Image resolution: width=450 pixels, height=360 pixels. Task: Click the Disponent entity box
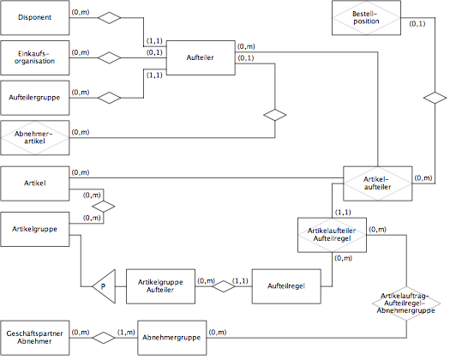[35, 17]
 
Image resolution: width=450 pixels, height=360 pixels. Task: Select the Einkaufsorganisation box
[35, 57]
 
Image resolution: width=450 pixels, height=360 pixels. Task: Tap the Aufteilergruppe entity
[35, 98]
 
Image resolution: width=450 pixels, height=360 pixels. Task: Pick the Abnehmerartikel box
[35, 138]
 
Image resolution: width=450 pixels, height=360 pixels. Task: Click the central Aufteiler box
[201, 57]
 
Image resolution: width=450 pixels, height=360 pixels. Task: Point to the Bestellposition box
[366, 17]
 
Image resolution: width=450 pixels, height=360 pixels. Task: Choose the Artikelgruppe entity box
[35, 229]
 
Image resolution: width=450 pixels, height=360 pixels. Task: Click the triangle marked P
[104, 286]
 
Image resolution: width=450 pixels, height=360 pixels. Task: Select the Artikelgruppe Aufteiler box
[160, 286]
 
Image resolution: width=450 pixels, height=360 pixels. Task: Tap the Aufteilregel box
[286, 286]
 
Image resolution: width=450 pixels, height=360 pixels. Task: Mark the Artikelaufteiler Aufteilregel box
[332, 235]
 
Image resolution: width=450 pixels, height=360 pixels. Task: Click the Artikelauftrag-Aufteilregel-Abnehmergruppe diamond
[406, 303]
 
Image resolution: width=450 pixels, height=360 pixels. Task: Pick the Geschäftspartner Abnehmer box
[35, 338]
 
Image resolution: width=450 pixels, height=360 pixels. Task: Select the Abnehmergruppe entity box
[171, 338]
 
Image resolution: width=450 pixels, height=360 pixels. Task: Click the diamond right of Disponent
[110, 17]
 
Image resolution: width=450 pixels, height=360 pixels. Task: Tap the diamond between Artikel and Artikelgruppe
[104, 207]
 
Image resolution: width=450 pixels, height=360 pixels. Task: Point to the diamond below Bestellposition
[435, 98]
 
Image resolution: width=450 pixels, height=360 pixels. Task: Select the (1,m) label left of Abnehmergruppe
[126, 333]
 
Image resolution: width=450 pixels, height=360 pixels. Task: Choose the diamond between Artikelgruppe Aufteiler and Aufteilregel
[224, 286]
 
